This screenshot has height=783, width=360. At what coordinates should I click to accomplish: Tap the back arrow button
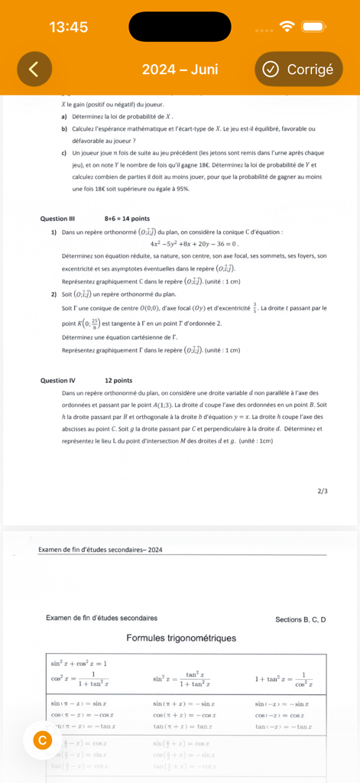(x=33, y=69)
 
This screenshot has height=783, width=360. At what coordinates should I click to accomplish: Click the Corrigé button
(x=298, y=69)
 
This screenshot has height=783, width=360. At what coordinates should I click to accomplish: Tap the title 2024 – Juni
(x=180, y=69)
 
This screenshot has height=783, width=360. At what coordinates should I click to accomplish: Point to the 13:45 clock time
(x=69, y=27)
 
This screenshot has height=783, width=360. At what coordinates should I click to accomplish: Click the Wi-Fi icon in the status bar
(x=287, y=27)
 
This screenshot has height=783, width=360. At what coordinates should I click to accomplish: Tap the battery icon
(x=314, y=27)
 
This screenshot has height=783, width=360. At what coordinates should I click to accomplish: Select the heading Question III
(x=57, y=219)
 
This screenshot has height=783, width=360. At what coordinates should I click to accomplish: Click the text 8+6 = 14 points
(x=127, y=219)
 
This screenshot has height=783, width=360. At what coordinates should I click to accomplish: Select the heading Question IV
(x=58, y=380)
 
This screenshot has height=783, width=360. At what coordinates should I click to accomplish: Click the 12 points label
(x=118, y=380)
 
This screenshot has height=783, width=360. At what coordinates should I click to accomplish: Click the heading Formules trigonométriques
(x=181, y=638)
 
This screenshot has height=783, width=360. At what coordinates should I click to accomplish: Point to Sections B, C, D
(x=300, y=618)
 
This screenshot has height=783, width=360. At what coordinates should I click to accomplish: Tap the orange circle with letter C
(x=43, y=739)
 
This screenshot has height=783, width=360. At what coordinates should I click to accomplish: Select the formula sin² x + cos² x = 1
(x=79, y=663)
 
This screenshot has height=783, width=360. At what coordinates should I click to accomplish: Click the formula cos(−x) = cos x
(x=281, y=714)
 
